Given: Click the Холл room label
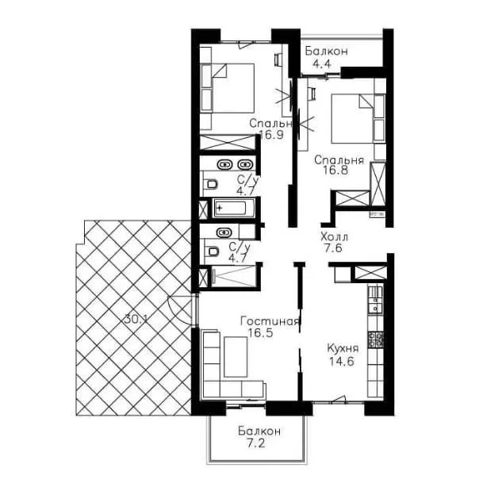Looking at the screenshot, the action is tap(334, 237).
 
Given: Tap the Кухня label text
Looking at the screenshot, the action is tap(343, 348).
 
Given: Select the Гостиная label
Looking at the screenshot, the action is tap(270, 321).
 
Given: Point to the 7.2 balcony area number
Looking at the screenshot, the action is tap(255, 443).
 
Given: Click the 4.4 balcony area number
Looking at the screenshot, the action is tap(322, 63).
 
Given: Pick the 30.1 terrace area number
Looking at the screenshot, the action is tap(136, 319).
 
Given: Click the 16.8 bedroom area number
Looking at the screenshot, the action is tap(335, 170).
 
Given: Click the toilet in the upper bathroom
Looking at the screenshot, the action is tap(211, 185).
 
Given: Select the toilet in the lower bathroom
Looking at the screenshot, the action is tap(211, 251).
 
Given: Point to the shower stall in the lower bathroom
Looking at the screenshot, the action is tap(234, 275).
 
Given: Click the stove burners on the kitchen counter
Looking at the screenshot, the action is tap(376, 339).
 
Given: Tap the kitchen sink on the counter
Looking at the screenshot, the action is tap(375, 304).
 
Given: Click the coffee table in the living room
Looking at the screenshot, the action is tap(236, 356).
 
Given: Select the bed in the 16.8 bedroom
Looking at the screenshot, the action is tap(353, 118).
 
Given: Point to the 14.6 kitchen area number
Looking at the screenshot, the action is tap(341, 362).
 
